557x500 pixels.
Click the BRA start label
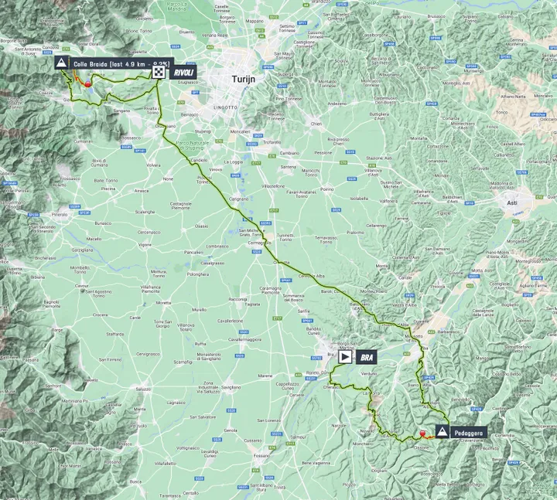click(x=369, y=358)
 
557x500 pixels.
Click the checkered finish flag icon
click(x=159, y=72)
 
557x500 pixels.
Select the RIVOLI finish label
click(x=183, y=72)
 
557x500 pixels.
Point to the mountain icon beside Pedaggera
click(x=441, y=433)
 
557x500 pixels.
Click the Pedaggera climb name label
click(x=469, y=433)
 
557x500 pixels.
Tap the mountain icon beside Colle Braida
click(x=60, y=64)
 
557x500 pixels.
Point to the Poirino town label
click(x=326, y=189)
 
